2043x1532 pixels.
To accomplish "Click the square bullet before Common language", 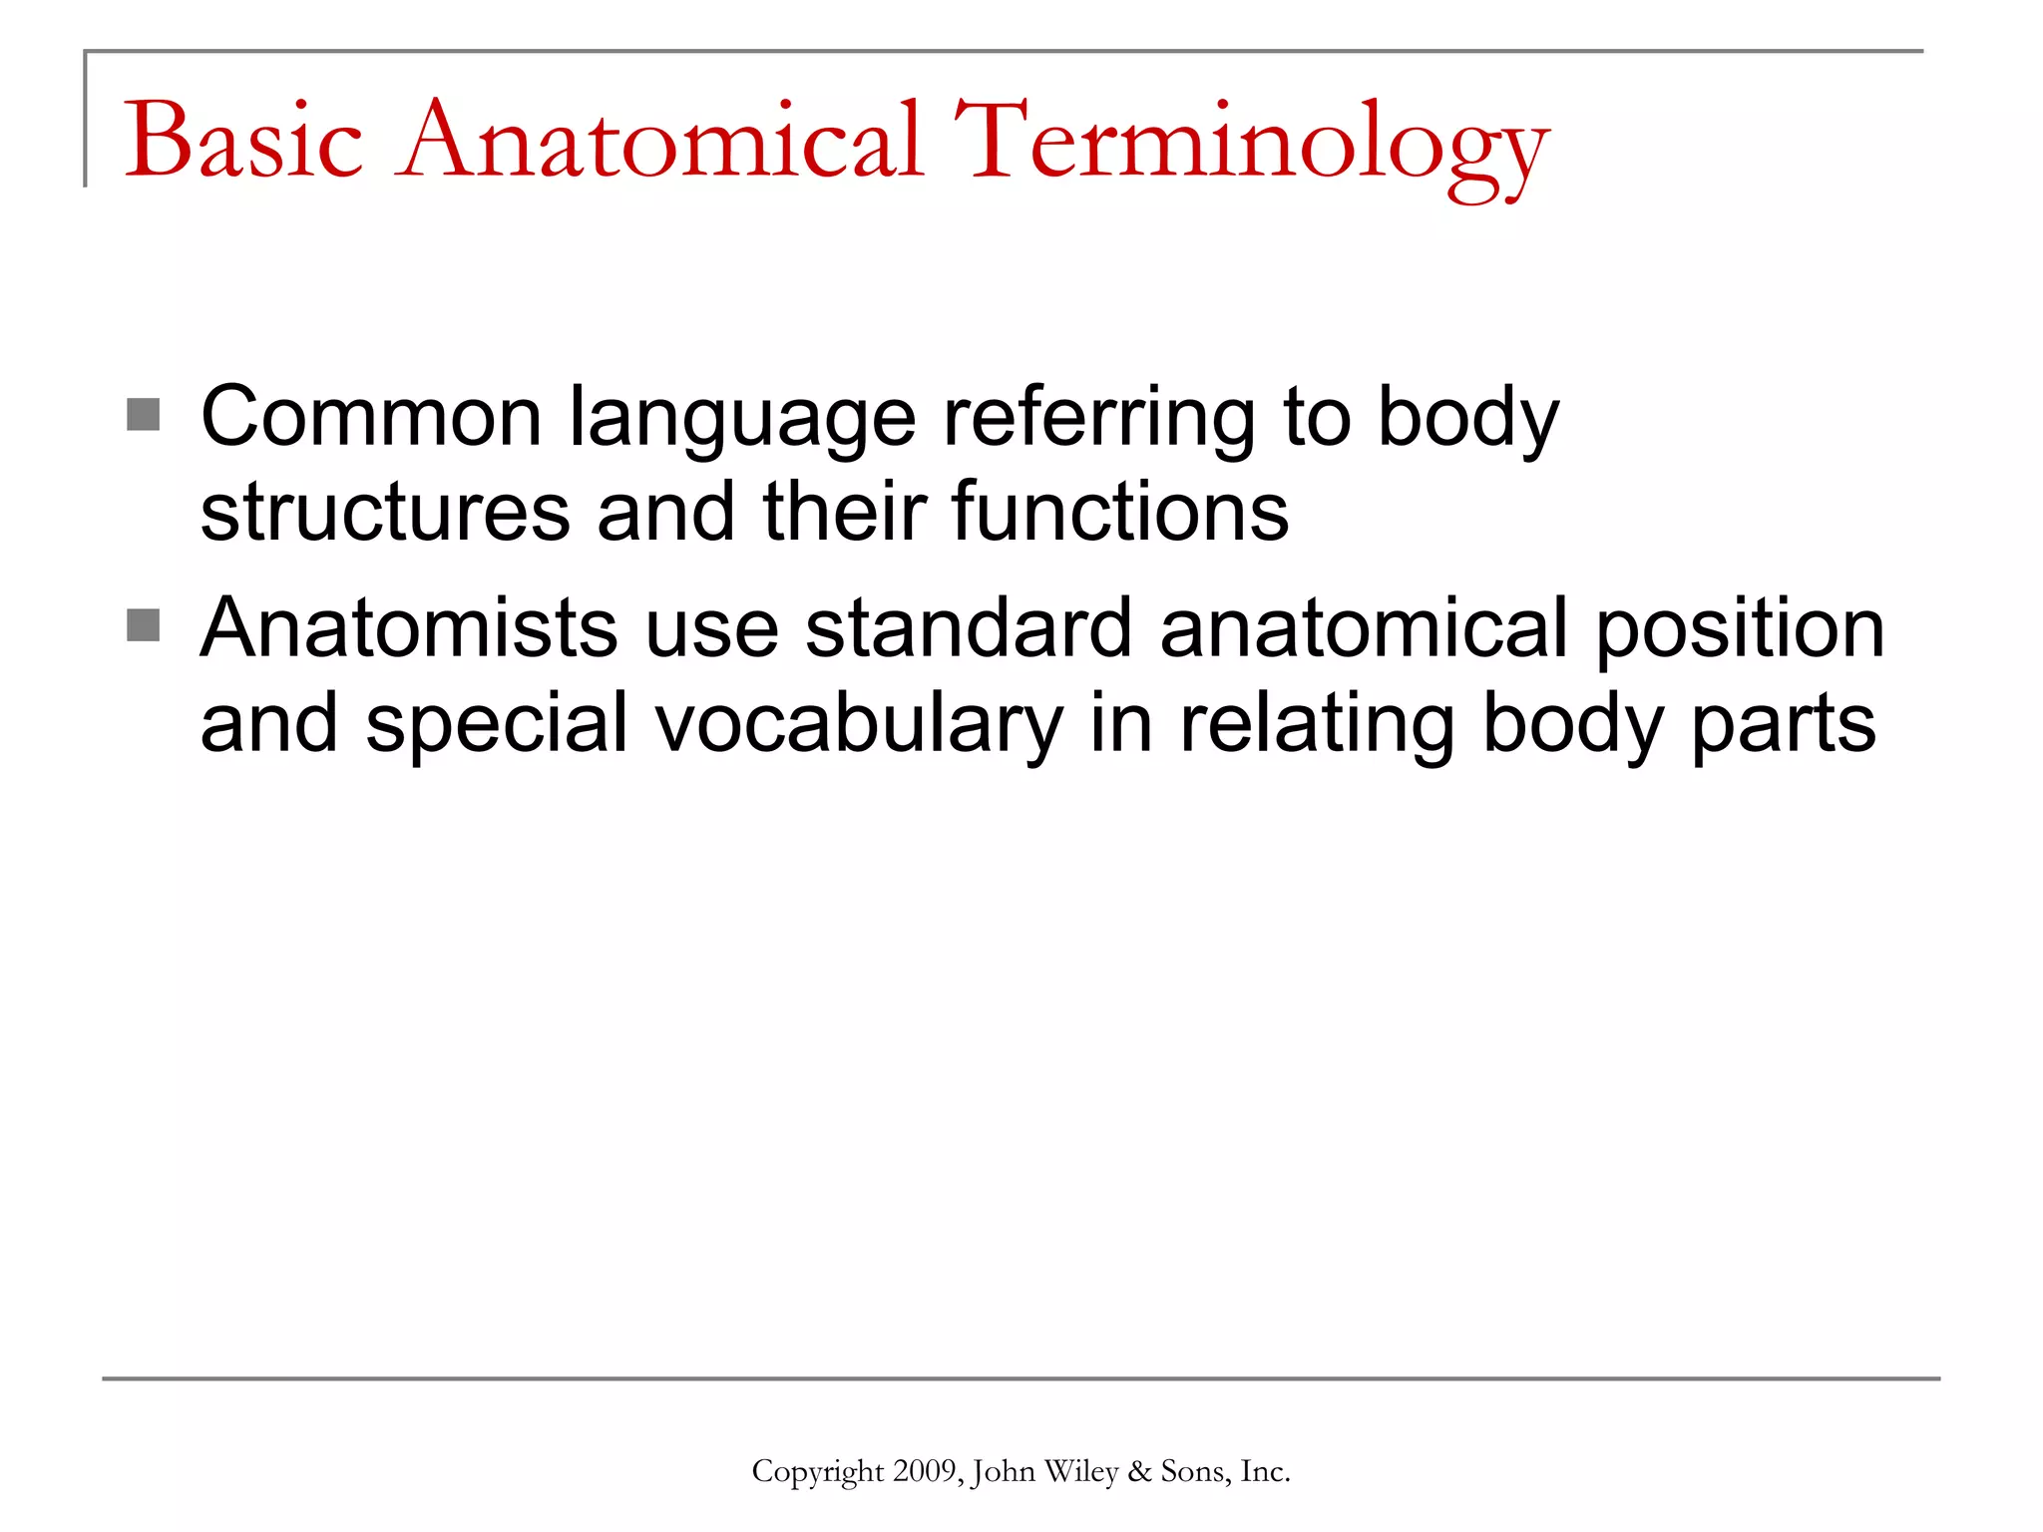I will point(144,415).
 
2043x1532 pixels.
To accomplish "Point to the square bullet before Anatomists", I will point(144,626).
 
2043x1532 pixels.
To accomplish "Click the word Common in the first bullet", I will point(371,417).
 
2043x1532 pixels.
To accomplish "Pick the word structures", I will point(385,513).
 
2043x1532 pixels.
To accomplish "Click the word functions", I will point(1120,513).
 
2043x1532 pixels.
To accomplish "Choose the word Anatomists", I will point(409,628).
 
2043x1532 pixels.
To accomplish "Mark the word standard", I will point(969,628).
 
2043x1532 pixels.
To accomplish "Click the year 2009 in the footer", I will point(927,1472).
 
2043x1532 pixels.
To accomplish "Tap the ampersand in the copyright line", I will point(1139,1472).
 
